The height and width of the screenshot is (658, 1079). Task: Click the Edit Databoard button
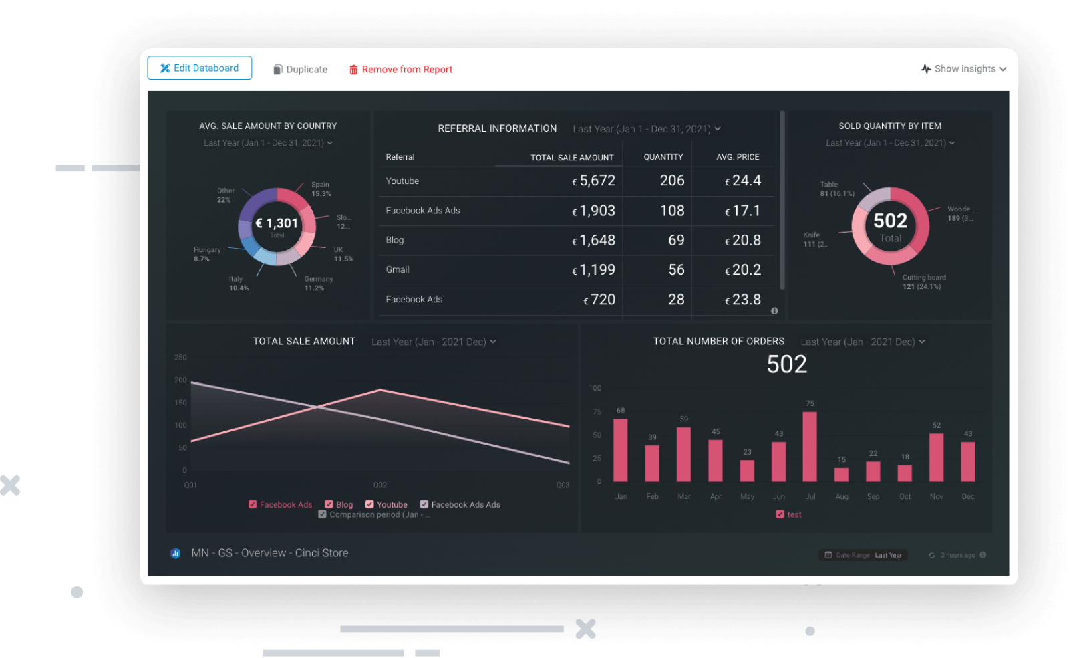click(x=199, y=68)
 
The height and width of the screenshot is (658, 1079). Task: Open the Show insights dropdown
click(x=964, y=69)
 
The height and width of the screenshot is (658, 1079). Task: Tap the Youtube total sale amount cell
click(x=593, y=181)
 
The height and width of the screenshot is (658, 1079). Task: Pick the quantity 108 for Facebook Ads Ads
click(x=671, y=211)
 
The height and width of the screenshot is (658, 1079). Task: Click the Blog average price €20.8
click(x=743, y=241)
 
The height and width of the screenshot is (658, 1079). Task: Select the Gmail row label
click(x=398, y=270)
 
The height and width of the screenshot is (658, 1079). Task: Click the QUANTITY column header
click(x=663, y=158)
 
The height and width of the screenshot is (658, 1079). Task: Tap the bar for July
click(x=810, y=447)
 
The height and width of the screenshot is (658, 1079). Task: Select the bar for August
click(x=842, y=475)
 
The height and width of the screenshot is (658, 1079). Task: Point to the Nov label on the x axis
click(x=936, y=497)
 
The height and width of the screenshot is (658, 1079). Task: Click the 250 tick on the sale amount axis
click(x=180, y=358)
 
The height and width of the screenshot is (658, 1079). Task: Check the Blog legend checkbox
click(x=329, y=504)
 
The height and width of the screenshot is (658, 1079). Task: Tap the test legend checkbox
click(x=780, y=514)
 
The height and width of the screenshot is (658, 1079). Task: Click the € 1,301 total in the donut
click(x=277, y=224)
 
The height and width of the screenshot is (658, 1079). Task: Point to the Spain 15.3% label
click(x=321, y=189)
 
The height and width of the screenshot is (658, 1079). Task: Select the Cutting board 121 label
click(x=923, y=282)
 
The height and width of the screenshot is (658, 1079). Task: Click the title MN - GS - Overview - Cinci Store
click(x=269, y=553)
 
